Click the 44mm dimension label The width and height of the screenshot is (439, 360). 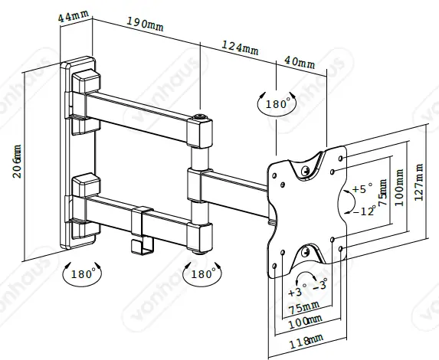pyautogui.click(x=74, y=16)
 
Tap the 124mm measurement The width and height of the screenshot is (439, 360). pyautogui.click(x=240, y=47)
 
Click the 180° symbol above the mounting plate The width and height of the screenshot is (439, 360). pyautogui.click(x=277, y=103)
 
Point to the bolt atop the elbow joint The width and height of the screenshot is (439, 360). pyautogui.click(x=201, y=117)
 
